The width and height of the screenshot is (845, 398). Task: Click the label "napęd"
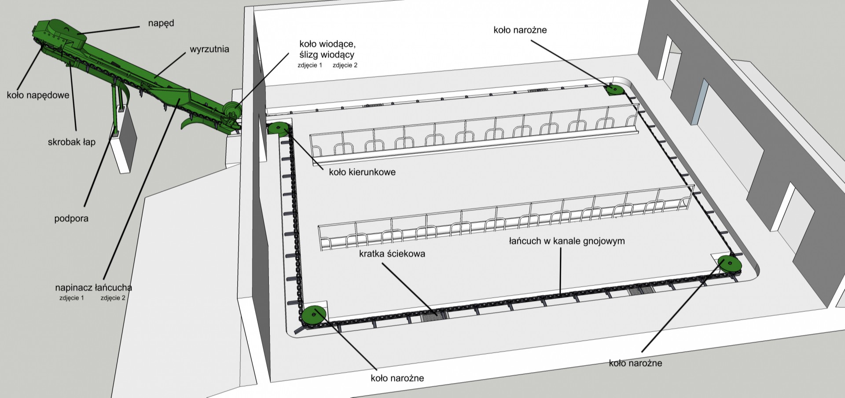pyautogui.click(x=161, y=23)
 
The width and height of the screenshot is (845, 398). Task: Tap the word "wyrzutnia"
pyautogui.click(x=209, y=49)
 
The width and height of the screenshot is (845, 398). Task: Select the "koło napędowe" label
pyautogui.click(x=38, y=95)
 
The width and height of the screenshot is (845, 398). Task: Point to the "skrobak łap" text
pyautogui.click(x=72, y=142)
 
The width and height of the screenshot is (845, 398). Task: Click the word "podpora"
pyautogui.click(x=71, y=219)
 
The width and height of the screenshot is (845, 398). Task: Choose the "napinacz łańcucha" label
pyautogui.click(x=93, y=288)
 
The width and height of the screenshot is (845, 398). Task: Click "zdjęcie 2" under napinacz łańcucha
pyautogui.click(x=113, y=298)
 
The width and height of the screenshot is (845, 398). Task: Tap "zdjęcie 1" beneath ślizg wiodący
pyautogui.click(x=310, y=66)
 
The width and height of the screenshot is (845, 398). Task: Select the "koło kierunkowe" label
pyautogui.click(x=362, y=172)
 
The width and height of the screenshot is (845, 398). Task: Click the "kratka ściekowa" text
pyautogui.click(x=392, y=254)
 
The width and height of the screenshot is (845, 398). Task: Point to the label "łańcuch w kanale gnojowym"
pyautogui.click(x=567, y=241)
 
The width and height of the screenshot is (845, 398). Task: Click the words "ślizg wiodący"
pyautogui.click(x=327, y=55)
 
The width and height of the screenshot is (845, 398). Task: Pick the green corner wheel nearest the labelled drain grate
pyautogui.click(x=314, y=315)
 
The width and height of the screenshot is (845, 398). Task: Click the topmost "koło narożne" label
pyautogui.click(x=520, y=30)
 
